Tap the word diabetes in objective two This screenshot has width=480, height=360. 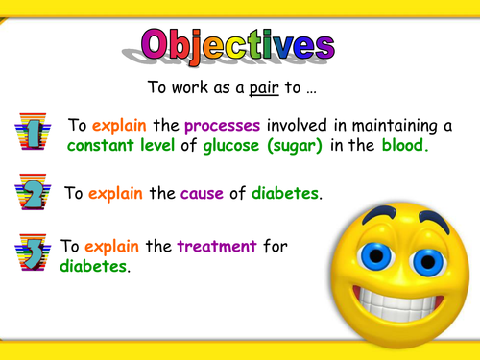click(x=285, y=193)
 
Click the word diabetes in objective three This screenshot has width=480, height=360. click(x=93, y=266)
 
